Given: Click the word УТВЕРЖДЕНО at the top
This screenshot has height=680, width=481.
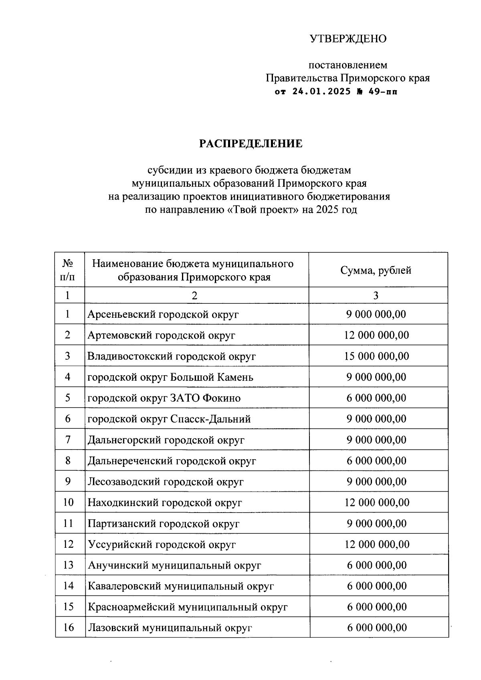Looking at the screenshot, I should coord(348,39).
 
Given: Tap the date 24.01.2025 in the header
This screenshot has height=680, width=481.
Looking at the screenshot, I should coord(321,91).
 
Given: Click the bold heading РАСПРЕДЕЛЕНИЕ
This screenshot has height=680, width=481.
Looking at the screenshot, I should coord(251,144).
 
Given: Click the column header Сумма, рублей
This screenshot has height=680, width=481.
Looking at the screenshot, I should coord(376,270).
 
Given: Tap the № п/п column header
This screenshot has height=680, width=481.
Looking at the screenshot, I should coord(68,270).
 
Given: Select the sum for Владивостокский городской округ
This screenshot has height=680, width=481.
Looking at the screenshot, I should coord(376,356).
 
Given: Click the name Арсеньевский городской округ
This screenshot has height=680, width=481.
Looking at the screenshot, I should coord(163,314).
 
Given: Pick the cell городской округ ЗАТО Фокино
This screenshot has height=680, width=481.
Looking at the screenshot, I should coord(164,398).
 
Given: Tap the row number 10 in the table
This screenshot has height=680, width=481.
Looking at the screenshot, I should coord(68,502).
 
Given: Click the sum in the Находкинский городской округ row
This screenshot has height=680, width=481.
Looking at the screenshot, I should coord(377,502).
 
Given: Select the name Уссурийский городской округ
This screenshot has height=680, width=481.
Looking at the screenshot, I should coord(162,545).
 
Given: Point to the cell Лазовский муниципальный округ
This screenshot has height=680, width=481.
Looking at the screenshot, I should coord(170,628).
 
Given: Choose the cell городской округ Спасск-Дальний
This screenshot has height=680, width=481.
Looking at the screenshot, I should coord(169,419).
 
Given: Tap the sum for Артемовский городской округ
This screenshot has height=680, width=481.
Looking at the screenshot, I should coord(376,335).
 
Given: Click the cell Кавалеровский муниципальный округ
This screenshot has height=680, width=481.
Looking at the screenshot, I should coord(181,586).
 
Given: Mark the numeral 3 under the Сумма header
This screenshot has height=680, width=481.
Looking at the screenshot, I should coord(376,296).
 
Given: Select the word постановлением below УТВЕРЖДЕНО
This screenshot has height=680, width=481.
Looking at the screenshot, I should coord(348,65).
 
